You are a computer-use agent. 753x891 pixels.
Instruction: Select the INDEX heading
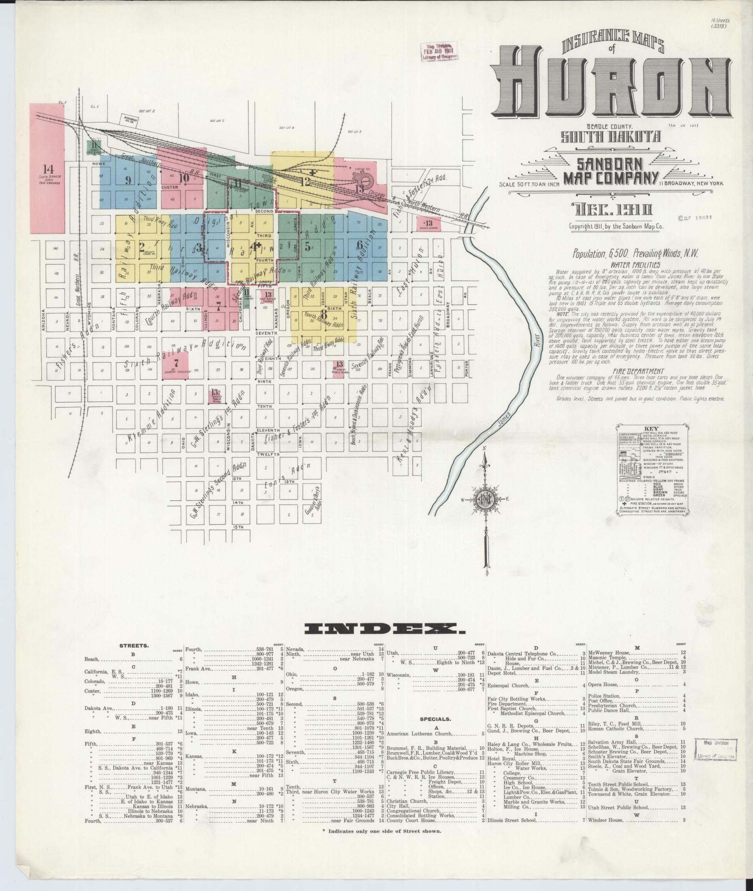(384, 628)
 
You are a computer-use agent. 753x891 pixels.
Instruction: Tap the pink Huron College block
(175, 365)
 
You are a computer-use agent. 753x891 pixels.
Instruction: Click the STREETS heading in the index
(134, 645)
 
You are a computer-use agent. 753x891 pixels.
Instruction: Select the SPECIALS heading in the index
(435, 719)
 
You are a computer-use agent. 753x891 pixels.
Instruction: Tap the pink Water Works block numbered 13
(429, 224)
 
